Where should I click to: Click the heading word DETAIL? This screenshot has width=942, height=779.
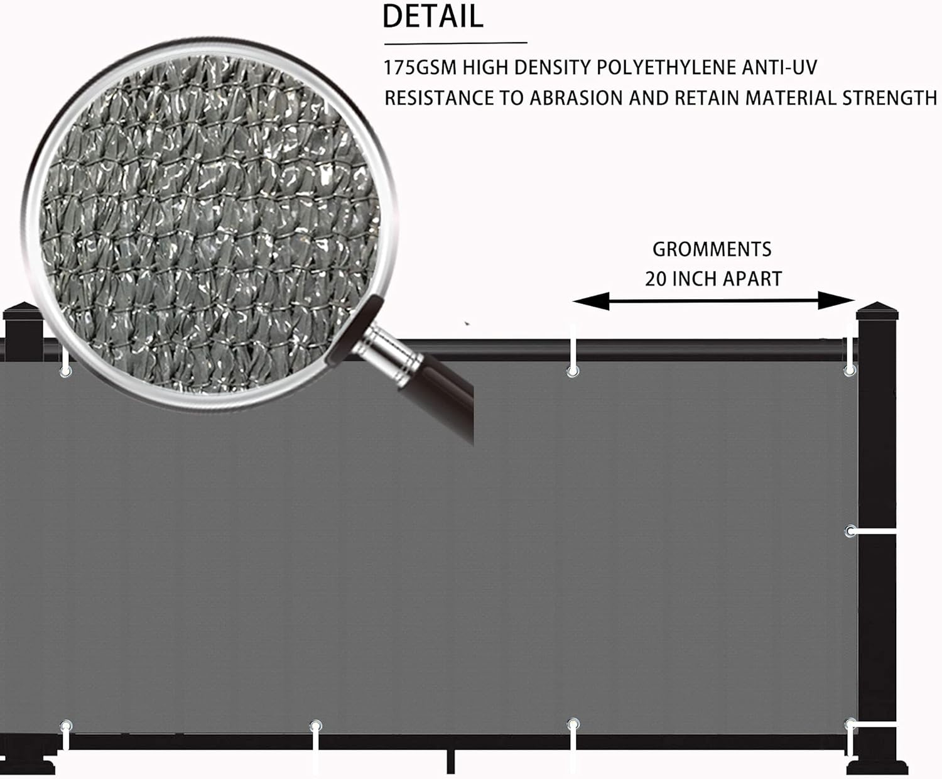click(x=433, y=17)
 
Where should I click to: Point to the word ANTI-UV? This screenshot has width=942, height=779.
click(x=779, y=68)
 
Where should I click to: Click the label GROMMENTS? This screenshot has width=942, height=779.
click(x=712, y=249)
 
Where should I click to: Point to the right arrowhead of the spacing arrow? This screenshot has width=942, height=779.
click(x=836, y=300)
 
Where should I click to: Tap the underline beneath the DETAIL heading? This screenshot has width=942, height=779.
click(x=456, y=43)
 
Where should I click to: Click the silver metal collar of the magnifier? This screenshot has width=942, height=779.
click(x=388, y=355)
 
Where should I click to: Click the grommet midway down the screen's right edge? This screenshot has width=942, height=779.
click(x=850, y=531)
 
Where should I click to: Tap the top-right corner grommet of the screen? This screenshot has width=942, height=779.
click(x=850, y=371)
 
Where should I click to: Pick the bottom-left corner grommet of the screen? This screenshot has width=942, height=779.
click(x=66, y=726)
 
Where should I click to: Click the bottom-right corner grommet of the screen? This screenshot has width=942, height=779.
click(x=850, y=726)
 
